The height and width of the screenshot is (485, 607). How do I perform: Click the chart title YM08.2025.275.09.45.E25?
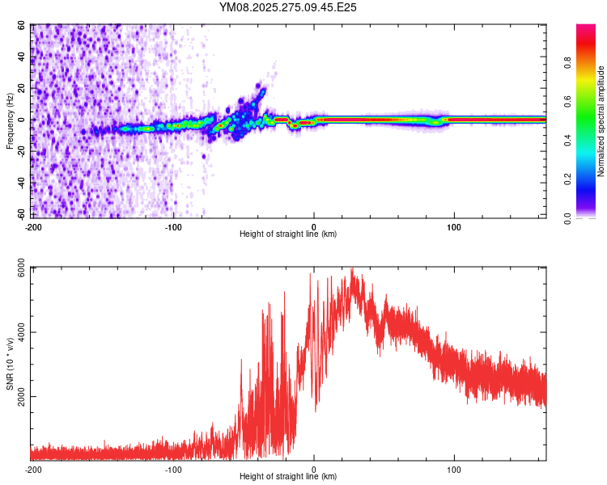288,7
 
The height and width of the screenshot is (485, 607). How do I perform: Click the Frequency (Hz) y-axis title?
10,120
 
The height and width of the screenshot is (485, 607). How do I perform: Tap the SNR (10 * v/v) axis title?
10,364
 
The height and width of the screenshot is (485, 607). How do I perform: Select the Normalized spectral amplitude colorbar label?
601,120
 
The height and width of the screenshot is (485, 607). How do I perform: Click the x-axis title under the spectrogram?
288,234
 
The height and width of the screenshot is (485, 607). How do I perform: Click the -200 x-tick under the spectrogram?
32,226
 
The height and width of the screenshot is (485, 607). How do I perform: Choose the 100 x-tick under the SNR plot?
454,469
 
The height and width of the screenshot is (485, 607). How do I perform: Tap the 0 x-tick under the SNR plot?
314,469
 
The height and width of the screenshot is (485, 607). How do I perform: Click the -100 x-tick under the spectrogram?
173,226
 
